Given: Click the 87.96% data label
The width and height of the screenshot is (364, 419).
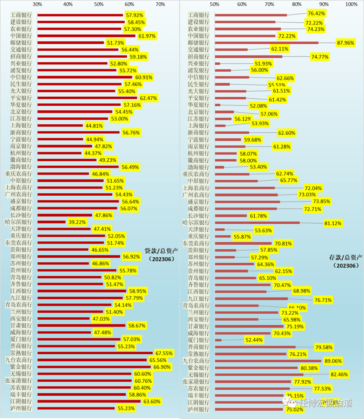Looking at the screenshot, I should coord(345,43).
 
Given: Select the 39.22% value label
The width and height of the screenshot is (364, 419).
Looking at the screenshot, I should coord(77,222).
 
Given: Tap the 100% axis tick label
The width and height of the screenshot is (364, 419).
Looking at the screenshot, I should coord(351,4).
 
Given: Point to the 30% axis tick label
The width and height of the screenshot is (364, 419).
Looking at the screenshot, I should coord(37,4).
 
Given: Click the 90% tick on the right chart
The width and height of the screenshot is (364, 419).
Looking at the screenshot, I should coord(324,4).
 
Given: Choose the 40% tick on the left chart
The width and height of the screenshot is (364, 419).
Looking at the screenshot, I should coord(68,4).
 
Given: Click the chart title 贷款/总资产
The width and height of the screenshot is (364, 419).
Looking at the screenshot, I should coord(161,251).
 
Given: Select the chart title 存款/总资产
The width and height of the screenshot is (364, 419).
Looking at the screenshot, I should coord(346,258).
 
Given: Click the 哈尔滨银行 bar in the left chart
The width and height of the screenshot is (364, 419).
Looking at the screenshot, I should coord(52,222).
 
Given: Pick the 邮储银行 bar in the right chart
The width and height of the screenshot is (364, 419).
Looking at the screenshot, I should coord(266,43).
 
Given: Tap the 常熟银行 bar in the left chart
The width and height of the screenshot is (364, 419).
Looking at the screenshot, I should coord(95,353).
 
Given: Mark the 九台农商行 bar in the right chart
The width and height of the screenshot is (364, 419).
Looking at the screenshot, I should coord(268,361).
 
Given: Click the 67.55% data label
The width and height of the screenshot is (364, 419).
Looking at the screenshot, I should coord(164,353).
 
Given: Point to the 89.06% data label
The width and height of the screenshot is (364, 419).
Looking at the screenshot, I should coord(333,361).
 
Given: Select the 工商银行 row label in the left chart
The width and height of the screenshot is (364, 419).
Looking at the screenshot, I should coord(21,15).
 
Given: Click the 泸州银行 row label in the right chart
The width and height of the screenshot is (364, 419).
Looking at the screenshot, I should coord(199,409).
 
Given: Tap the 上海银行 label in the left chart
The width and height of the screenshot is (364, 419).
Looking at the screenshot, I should coord(21,125).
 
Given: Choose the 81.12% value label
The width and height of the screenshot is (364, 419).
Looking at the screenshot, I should coord(333,223).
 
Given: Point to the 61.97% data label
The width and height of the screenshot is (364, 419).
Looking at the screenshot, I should coord(147,36).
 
